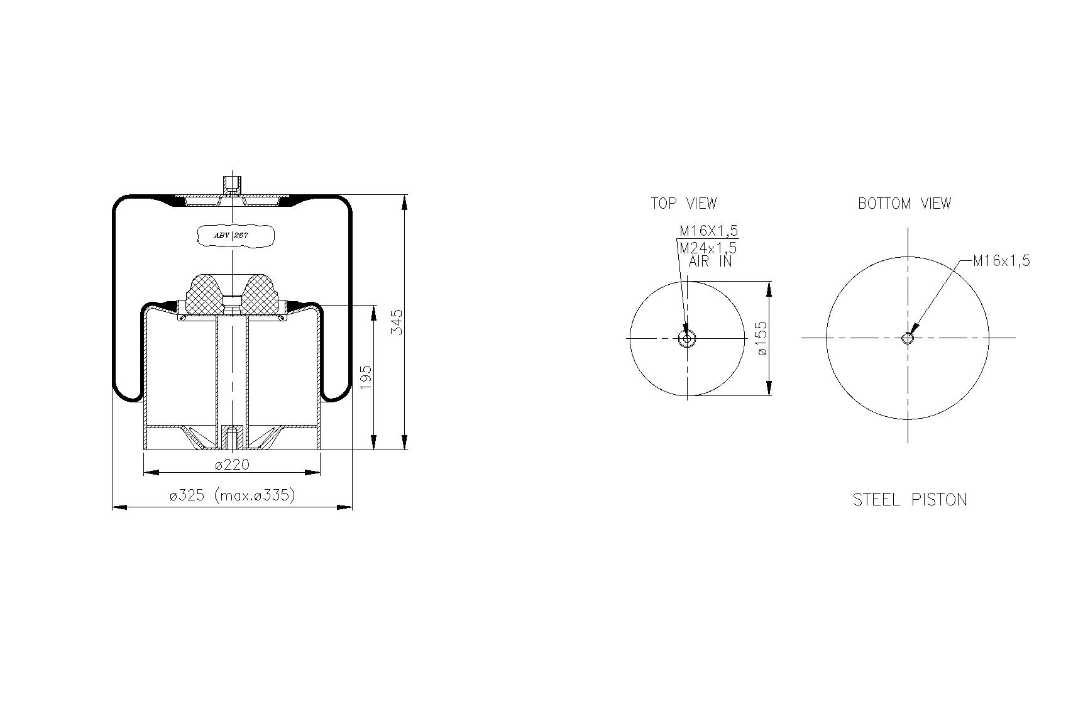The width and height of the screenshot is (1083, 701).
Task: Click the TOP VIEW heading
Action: [x=683, y=204]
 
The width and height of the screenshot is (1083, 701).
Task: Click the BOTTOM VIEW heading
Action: [x=904, y=204]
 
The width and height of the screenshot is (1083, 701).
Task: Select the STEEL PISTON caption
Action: [x=910, y=500]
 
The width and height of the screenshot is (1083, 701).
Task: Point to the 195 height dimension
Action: [x=366, y=377]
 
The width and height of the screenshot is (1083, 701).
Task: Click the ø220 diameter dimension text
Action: [x=232, y=465]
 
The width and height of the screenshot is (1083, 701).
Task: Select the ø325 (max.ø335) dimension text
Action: [x=232, y=495]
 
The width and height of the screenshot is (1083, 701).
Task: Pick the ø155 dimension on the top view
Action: [x=761, y=339]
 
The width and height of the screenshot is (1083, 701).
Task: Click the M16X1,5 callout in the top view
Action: [x=708, y=231]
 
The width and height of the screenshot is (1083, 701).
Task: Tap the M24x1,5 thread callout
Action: [x=708, y=248]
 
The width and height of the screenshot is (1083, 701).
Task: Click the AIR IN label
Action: [x=710, y=262]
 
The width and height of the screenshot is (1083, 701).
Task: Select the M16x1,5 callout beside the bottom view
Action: [x=1001, y=261]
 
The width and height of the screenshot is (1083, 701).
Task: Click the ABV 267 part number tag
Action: [x=235, y=235]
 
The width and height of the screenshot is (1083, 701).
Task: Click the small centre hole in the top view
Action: [x=686, y=338]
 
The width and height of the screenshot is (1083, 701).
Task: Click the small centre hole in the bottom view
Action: [x=907, y=338]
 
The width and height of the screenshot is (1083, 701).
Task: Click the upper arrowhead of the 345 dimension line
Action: [x=404, y=202]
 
